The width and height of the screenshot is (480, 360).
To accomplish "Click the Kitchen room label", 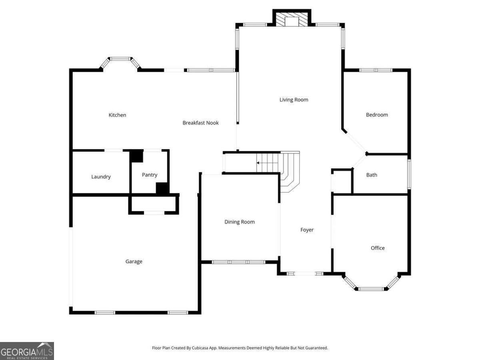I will coord(117,115).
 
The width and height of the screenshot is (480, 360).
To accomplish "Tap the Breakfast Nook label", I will coord(200,123).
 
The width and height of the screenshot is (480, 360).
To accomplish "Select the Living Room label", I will coord(294,100).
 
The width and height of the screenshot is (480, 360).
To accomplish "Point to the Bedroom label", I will coord(377,115).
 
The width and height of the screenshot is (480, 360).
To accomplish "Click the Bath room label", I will coord(372,175).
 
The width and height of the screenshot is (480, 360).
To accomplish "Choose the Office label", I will coord(378,248).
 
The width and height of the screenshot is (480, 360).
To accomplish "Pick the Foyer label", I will coord(307,230).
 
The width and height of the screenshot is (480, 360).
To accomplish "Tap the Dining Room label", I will coord(239,222).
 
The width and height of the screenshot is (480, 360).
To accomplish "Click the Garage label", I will coord(134,262).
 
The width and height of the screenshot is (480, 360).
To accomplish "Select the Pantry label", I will coord(150,175).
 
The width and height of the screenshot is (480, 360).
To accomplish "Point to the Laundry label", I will coord(101,177).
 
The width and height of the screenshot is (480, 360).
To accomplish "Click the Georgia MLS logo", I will coord(27,351).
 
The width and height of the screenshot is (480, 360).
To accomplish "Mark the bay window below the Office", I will coord(371,286).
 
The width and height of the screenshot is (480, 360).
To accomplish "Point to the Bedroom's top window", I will coord(376,70).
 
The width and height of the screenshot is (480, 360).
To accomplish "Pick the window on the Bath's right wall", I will coord(409,174).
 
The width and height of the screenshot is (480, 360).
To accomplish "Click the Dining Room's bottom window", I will coord(238,262).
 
